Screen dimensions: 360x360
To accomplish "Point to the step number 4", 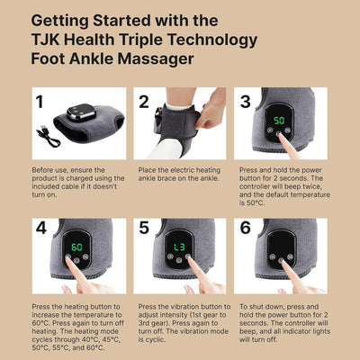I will coord(40,229).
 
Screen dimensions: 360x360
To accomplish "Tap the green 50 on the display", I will coord(279,120).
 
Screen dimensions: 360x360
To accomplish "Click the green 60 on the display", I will coord(76,245).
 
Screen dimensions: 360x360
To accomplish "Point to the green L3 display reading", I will coord(180,245).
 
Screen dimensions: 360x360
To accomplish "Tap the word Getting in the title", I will coord(64,19).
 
